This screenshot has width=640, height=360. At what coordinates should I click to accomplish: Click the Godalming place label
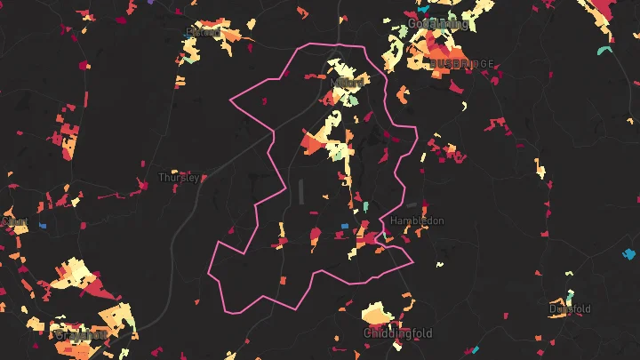click(437, 24)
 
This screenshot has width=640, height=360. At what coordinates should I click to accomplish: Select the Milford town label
click(347, 83)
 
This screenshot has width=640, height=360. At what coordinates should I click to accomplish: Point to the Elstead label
click(204, 33)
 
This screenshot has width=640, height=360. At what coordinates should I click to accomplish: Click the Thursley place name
click(179, 178)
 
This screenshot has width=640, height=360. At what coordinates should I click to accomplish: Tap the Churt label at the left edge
click(14, 220)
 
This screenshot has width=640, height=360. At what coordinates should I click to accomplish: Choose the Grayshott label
click(81, 335)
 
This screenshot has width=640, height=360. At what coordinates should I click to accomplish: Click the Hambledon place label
click(417, 220)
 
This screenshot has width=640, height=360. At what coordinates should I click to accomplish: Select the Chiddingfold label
click(397, 333)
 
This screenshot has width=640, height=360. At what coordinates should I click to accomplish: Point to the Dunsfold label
click(570, 309)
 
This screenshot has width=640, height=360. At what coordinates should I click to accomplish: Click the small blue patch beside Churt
click(42, 226)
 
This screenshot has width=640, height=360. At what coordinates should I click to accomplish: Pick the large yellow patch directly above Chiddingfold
click(377, 313)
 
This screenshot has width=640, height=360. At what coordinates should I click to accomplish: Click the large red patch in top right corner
click(604, 11)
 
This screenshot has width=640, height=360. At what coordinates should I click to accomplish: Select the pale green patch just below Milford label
click(354, 100)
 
